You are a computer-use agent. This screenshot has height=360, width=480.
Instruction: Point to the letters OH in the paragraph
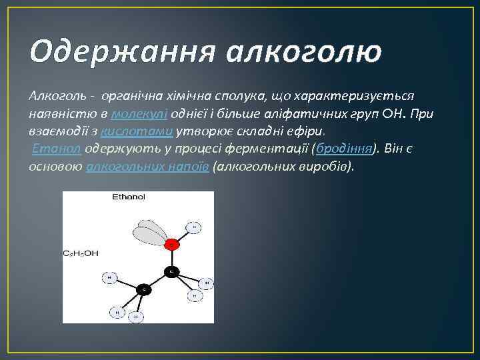393,114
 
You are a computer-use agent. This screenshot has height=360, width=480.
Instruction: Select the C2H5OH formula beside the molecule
81,253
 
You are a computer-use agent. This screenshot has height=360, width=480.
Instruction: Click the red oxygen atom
172,245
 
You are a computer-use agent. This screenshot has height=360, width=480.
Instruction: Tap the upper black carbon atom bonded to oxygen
171,272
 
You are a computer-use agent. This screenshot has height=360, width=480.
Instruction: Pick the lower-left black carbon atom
143,289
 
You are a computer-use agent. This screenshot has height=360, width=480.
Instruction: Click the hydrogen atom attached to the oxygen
194,227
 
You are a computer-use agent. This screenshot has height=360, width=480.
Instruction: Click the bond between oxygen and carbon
172,259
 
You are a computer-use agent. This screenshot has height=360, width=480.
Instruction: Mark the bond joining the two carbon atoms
157,281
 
